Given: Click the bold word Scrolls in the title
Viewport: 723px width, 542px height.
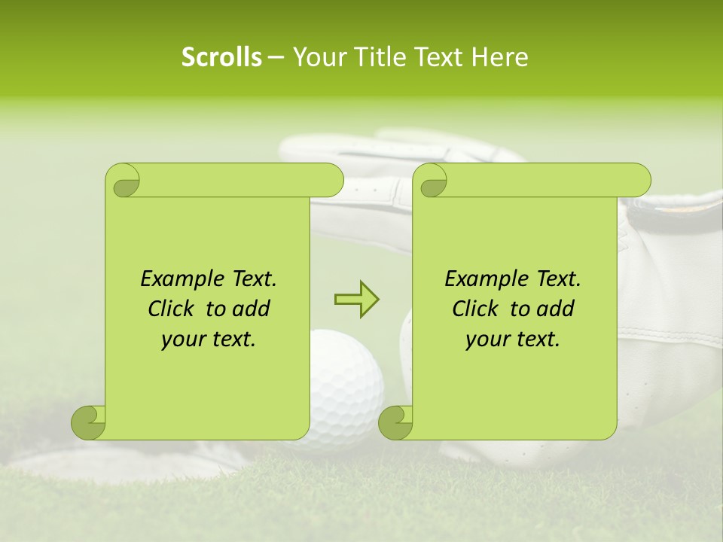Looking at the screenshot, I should (x=222, y=57).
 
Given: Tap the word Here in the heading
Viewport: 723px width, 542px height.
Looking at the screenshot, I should (x=499, y=57).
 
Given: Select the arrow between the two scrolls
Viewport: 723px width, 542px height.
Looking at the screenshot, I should (x=356, y=300).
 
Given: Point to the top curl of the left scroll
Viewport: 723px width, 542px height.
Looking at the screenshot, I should (x=123, y=181).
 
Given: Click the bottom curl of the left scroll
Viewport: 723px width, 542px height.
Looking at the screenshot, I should (x=88, y=423).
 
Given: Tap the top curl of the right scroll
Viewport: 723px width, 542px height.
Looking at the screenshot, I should (x=432, y=181).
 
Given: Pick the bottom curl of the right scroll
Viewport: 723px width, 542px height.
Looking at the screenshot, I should (x=395, y=423).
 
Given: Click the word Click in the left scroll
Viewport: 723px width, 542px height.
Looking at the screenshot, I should (x=172, y=309).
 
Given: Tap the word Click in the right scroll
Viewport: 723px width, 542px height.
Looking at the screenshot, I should (x=477, y=309).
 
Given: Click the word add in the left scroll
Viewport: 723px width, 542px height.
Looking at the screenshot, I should (x=252, y=309).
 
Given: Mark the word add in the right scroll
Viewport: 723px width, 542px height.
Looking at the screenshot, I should (x=556, y=309).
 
